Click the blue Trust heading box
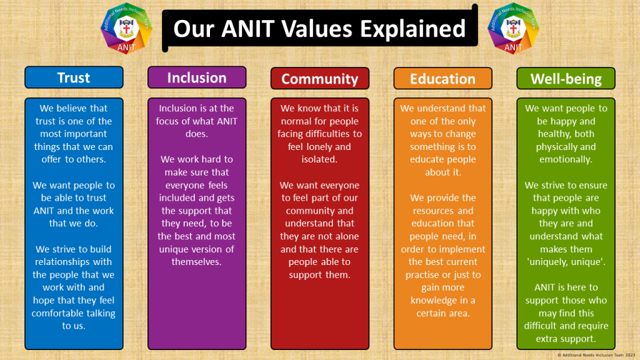[x=74, y=77]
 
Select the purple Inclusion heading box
[x=197, y=77]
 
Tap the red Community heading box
[x=320, y=78]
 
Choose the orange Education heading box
[x=443, y=78]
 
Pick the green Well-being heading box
[x=566, y=78]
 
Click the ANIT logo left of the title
[x=126, y=29]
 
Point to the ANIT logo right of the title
[x=513, y=29]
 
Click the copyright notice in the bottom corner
[x=596, y=355]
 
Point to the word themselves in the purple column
[x=196, y=262]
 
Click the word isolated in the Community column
[x=319, y=159]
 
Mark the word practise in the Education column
[x=423, y=275]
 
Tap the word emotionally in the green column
[x=566, y=159]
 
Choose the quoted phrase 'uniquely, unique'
[x=566, y=262]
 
